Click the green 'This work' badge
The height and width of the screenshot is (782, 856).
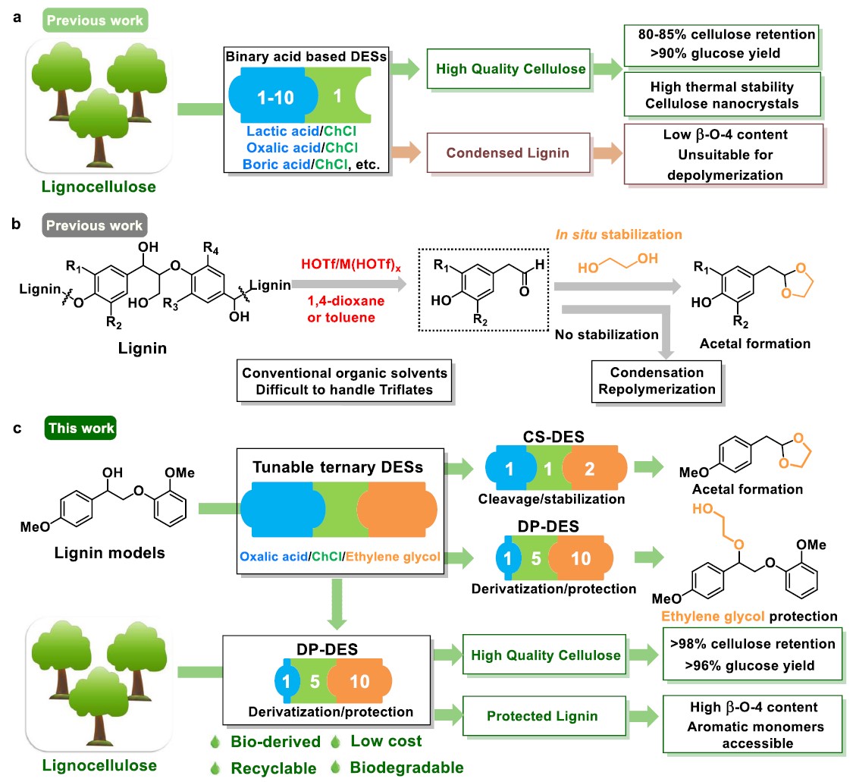[x=81, y=429]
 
